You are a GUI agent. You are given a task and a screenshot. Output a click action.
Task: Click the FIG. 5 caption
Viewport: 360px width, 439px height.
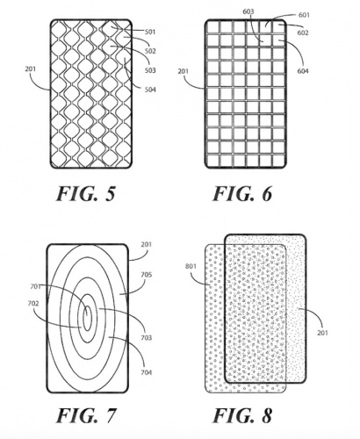85,193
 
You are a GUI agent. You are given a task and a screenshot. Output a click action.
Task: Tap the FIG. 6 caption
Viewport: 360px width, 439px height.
242,193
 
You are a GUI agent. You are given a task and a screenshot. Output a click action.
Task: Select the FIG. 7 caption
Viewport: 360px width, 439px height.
86,415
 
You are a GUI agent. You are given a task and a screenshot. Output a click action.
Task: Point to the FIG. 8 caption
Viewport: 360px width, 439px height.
242,415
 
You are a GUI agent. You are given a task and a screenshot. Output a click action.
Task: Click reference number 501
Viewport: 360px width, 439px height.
150,32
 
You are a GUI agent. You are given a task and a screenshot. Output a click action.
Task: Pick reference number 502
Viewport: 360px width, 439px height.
150,51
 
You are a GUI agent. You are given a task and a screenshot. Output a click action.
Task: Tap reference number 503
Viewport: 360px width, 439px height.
150,70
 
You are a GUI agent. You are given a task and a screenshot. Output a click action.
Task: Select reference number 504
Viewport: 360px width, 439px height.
150,90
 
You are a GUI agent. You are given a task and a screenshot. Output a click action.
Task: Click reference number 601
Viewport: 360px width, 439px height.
304,15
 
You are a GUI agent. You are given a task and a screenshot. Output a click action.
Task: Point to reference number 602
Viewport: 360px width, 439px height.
303,32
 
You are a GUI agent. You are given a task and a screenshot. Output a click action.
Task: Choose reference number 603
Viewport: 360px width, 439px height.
248,11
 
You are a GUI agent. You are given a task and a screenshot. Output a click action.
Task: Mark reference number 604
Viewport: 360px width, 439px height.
303,71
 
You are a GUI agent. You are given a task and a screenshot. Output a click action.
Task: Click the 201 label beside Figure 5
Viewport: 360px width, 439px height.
31,69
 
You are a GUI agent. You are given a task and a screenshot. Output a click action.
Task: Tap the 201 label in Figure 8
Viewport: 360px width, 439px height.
322,333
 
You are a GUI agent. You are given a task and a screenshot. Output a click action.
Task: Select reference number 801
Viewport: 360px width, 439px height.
191,266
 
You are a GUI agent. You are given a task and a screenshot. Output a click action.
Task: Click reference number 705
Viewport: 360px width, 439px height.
147,275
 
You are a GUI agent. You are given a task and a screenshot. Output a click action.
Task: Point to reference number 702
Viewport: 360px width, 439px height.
33,304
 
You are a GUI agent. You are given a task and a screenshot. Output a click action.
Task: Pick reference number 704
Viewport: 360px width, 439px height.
147,372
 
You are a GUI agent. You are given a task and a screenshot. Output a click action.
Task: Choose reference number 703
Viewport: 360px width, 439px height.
147,338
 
